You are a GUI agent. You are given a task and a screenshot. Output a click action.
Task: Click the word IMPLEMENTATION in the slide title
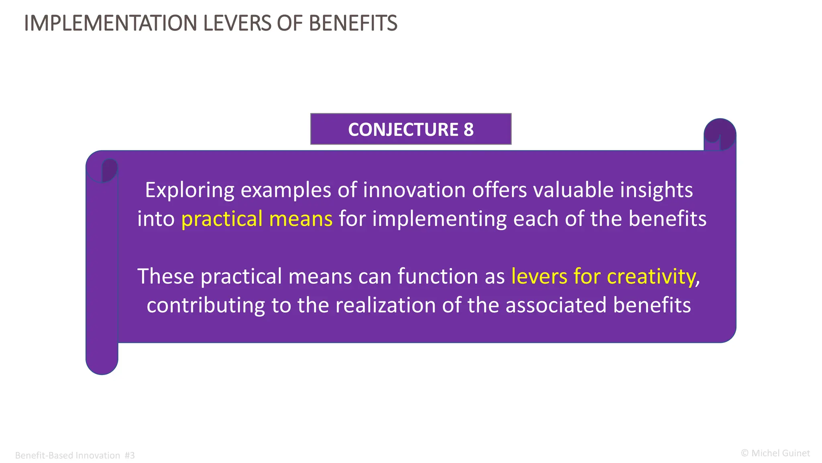(110, 23)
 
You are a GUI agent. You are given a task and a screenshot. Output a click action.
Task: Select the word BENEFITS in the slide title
(353, 23)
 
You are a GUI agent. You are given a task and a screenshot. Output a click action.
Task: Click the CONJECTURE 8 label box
(411, 129)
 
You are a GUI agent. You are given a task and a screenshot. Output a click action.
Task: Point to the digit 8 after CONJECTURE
(468, 129)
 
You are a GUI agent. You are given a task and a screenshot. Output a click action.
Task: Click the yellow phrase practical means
(257, 219)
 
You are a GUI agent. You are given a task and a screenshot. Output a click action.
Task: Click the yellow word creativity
(651, 277)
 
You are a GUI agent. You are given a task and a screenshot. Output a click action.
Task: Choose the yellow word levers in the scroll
(539, 277)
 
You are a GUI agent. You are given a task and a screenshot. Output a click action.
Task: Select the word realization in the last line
(385, 305)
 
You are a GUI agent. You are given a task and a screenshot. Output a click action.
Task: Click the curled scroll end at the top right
(720, 134)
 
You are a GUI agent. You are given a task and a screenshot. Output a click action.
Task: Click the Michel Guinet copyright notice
(775, 453)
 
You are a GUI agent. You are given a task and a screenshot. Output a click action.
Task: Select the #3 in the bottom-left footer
(130, 455)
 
